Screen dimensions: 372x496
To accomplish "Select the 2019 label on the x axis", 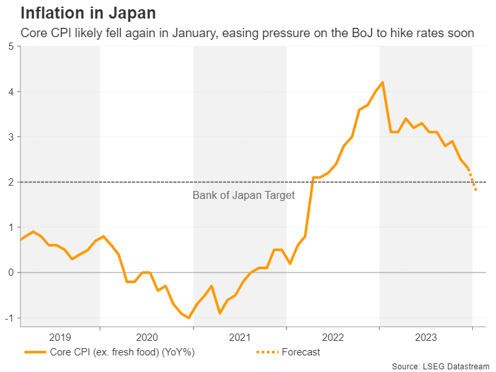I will coord(60,337).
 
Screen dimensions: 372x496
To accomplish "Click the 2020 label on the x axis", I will coord(147,337).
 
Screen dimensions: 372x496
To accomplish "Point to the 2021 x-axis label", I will coord(239,337).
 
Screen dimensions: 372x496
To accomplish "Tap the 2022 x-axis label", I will coord(333,337).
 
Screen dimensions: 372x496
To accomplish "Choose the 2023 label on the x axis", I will coord(426,337).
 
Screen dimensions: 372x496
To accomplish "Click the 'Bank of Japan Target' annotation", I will coord(243,195).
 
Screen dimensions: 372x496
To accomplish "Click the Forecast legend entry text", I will coord(300,352).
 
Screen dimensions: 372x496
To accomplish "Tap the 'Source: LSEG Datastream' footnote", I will coord(440,366).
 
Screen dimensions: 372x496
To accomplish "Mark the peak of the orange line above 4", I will coord(383,82).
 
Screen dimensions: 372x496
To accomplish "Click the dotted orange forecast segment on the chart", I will coord(473,182).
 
